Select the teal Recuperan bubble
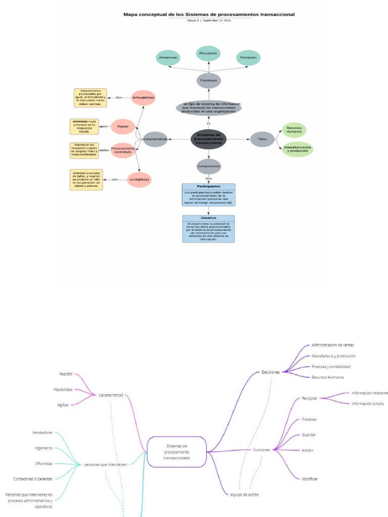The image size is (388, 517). click(x=208, y=53)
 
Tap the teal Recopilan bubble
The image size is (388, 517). click(x=248, y=58)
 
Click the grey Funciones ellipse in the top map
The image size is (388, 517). click(x=209, y=80)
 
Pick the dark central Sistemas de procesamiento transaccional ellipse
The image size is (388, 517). click(x=209, y=139)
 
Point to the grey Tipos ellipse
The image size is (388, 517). click(x=262, y=139)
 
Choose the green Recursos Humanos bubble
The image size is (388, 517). click(x=294, y=130)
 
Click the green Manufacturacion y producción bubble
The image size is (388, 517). click(x=298, y=149)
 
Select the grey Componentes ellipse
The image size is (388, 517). click(x=209, y=166)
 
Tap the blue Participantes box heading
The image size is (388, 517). click(x=209, y=186)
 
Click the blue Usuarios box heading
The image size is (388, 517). click(x=209, y=218)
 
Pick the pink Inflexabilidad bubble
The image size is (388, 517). click(x=143, y=97)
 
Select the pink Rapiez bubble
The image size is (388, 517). click(x=123, y=126)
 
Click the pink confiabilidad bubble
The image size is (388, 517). click(x=139, y=179)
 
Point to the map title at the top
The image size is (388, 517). click(x=209, y=15)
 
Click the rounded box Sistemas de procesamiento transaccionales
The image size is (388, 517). click(x=177, y=451)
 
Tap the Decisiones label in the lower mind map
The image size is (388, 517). click(x=270, y=372)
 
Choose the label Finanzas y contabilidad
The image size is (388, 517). click(x=331, y=367)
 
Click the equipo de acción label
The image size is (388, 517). click(x=245, y=495)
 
